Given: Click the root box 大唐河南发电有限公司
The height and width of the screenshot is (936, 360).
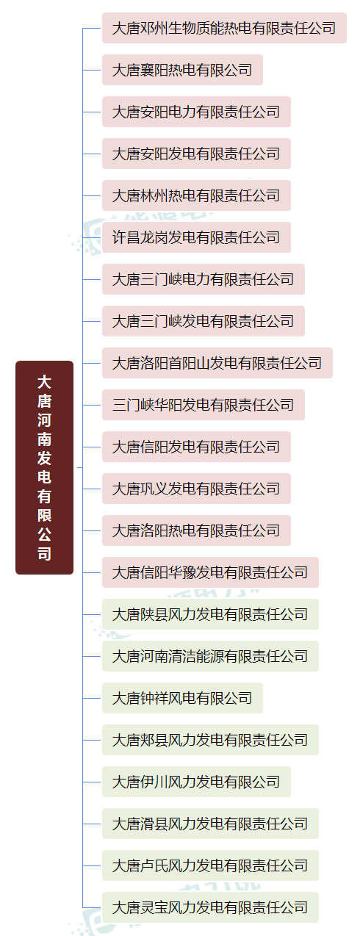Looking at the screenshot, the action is click(44, 467).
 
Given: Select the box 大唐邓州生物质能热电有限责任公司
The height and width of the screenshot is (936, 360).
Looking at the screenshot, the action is click(224, 28).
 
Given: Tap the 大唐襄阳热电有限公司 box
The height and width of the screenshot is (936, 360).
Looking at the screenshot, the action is click(182, 70).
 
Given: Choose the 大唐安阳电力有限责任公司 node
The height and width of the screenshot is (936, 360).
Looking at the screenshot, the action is click(196, 112).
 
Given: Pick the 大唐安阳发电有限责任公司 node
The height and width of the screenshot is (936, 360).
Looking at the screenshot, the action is click(196, 154).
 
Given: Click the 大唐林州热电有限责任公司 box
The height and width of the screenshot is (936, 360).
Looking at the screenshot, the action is click(196, 195).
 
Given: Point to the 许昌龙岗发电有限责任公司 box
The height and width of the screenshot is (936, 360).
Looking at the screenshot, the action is click(196, 237).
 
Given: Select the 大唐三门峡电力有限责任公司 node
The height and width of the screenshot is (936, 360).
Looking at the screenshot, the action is click(204, 279).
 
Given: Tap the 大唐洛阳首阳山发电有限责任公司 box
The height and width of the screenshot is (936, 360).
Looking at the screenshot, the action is click(217, 363).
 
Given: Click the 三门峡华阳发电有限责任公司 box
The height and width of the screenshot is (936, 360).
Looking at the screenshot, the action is click(204, 405).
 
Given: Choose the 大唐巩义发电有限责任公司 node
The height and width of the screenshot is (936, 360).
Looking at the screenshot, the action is click(196, 489).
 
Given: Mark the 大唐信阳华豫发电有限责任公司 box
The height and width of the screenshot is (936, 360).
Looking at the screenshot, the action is click(210, 572).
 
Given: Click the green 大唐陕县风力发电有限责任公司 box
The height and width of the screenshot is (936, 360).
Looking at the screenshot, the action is click(210, 614).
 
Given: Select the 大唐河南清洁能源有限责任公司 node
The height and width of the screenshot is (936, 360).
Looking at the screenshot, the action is click(210, 656).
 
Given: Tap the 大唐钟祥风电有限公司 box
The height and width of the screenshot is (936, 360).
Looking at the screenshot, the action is click(182, 698).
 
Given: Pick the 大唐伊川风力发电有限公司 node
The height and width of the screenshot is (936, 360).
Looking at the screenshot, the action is click(196, 782).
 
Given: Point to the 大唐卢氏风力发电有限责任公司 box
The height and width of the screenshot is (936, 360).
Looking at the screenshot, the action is click(210, 865).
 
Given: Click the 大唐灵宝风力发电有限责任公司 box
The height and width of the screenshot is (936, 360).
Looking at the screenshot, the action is click(210, 907).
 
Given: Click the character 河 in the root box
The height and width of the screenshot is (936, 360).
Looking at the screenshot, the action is click(44, 420).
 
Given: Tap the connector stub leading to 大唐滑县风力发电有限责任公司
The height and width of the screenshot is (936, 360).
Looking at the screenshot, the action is click(92, 824).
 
